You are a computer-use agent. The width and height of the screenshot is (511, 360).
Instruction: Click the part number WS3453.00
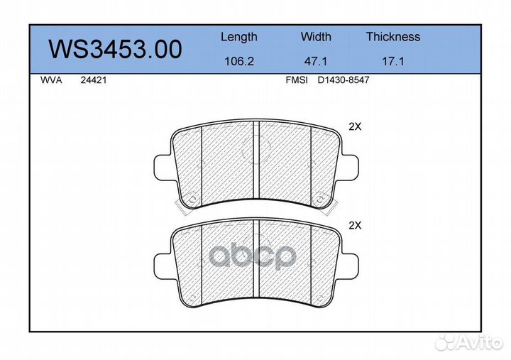tap(116, 49)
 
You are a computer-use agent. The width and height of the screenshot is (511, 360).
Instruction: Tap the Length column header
tap(239, 37)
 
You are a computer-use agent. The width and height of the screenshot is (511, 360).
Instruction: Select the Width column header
tap(316, 36)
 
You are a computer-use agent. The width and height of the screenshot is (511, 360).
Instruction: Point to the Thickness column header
tap(393, 36)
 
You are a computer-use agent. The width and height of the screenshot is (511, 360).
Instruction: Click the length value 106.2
tap(239, 61)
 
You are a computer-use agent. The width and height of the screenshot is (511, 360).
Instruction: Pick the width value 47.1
tap(315, 61)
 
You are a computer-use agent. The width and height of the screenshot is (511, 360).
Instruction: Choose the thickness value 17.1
tap(393, 61)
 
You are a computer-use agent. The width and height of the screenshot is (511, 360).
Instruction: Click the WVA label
tap(51, 80)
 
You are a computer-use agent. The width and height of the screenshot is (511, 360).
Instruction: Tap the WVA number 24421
tap(94, 80)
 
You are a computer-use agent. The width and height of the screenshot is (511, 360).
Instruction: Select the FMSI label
tap(297, 80)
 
